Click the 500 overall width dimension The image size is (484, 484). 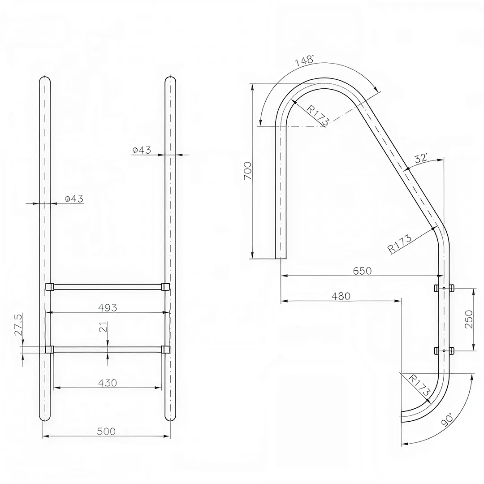(106, 431)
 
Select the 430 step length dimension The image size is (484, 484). (107, 383)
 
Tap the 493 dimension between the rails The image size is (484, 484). (107, 307)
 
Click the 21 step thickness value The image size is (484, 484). (103, 328)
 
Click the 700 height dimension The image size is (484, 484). (248, 171)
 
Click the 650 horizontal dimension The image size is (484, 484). (362, 271)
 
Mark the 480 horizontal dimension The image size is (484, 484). (341, 296)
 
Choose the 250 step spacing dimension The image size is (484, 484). (469, 319)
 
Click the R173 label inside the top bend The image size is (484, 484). (319, 115)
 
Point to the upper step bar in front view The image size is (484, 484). (107, 286)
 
